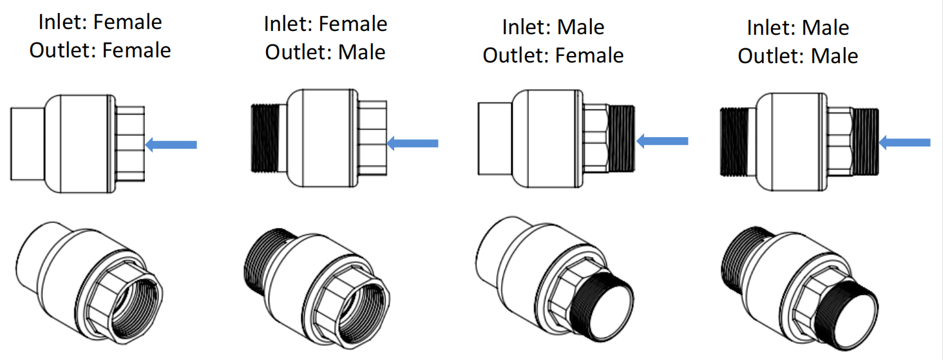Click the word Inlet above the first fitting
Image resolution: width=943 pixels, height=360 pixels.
click(62, 22)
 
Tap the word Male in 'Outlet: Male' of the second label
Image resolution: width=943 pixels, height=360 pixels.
click(362, 52)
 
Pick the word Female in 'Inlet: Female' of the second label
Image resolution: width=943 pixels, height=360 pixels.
click(354, 24)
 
